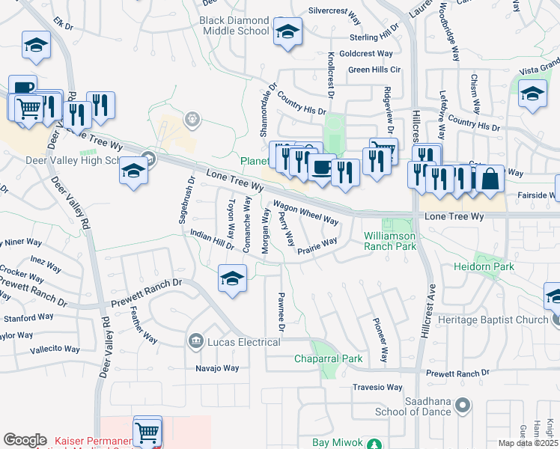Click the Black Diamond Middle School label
pos(234,25)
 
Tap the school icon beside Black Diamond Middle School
pos(287,32)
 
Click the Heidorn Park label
pos(489,266)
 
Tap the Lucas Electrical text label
pos(244,342)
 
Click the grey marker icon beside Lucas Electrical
pos(196,341)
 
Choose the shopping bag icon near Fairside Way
pos(490,180)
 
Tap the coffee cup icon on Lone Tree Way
pos(322,168)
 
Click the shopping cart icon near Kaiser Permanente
pos(147,431)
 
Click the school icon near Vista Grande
pos(532,94)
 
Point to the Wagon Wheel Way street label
pos(305,212)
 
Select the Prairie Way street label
pos(317,247)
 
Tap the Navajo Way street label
pos(216,368)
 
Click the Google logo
pos(25,440)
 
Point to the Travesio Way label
pos(377,388)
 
